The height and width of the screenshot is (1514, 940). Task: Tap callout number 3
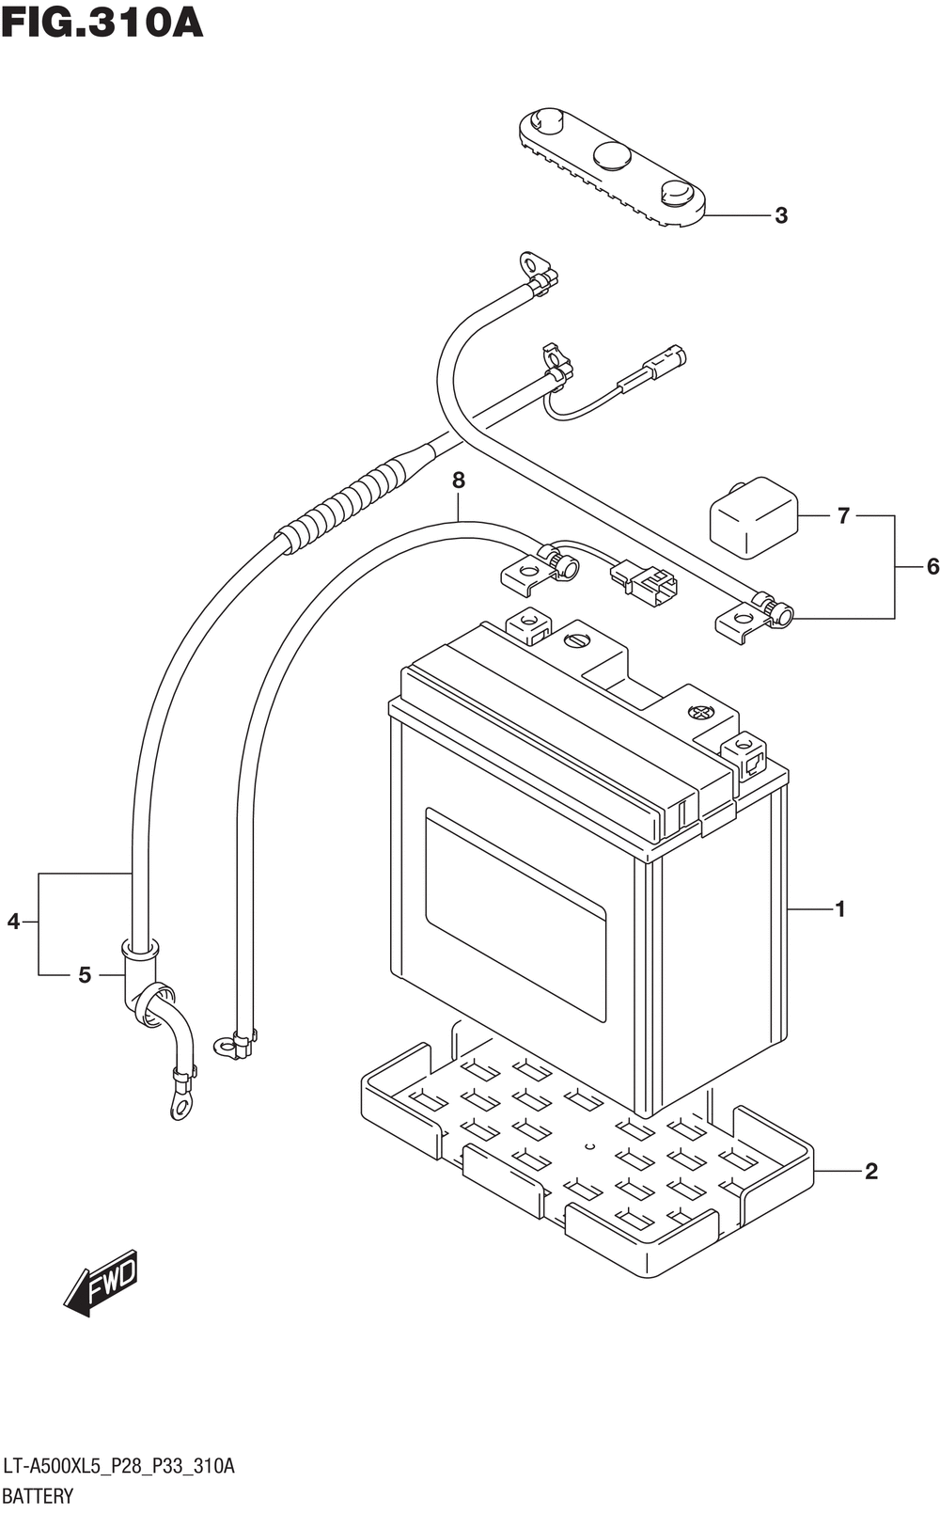[781, 215]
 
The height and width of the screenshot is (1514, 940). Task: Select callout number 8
[458, 481]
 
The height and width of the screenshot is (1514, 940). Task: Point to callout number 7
[842, 515]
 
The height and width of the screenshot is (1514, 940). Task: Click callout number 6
[932, 566]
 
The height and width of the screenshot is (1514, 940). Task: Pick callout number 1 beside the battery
[840, 909]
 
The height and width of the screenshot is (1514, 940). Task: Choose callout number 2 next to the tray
[871, 1171]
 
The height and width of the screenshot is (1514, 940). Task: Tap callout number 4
[13, 921]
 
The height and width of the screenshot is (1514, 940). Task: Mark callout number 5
[85, 974]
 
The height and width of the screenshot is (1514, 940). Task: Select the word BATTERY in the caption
[38, 1496]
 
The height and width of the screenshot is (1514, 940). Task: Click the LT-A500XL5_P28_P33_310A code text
[119, 1465]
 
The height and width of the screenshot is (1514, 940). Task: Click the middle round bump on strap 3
[612, 155]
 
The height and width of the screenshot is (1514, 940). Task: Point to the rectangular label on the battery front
[515, 915]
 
